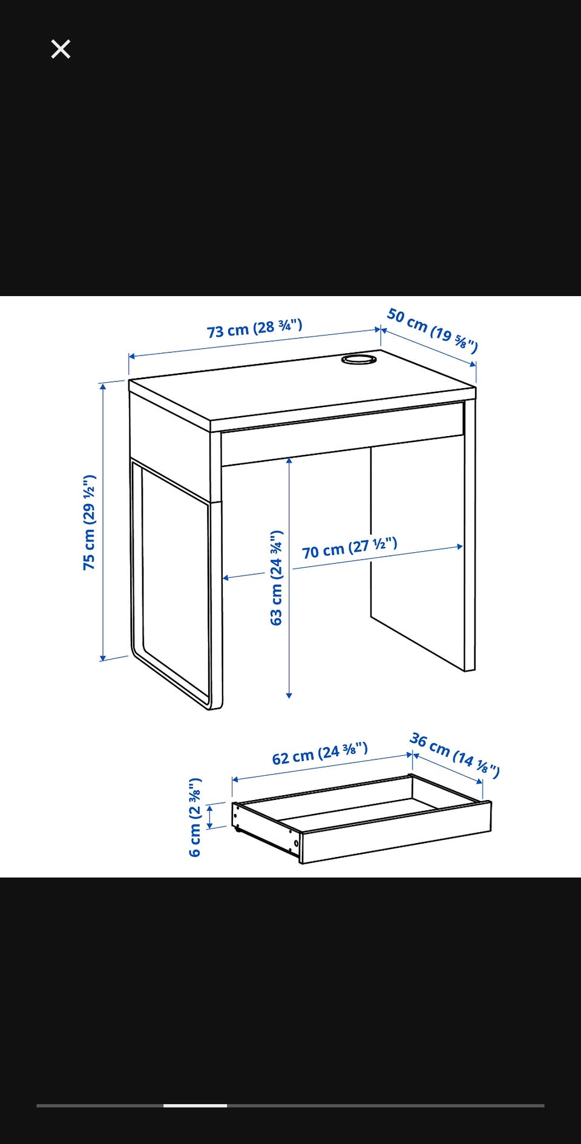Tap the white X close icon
[x=61, y=49]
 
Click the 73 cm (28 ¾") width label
[x=255, y=328]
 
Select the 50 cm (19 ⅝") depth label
[x=433, y=330]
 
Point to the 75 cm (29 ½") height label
[x=90, y=522]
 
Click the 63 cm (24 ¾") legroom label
[x=277, y=578]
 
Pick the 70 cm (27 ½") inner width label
[x=350, y=548]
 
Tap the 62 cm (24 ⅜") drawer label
[x=320, y=753]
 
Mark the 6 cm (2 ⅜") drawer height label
[x=195, y=818]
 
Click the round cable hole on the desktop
[x=359, y=360]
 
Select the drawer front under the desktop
[x=343, y=433]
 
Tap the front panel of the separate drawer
[x=396, y=832]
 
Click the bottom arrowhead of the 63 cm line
[x=289, y=695]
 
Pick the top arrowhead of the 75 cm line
[x=103, y=385]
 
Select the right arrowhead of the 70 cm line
[x=460, y=547]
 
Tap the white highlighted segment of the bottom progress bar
[x=195, y=1105]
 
